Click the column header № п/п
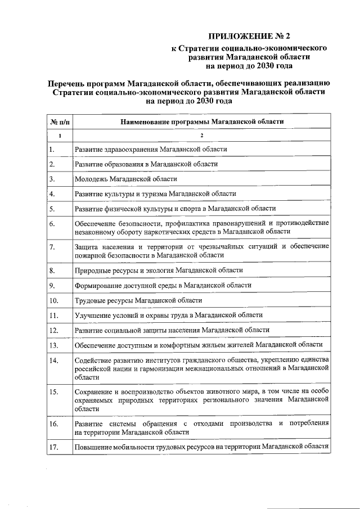tap(59, 121)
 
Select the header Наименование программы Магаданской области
tap(202, 121)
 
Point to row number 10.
tap(53, 300)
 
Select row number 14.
tap(54, 360)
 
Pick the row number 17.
tap(54, 448)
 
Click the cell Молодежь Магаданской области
tap(125, 179)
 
